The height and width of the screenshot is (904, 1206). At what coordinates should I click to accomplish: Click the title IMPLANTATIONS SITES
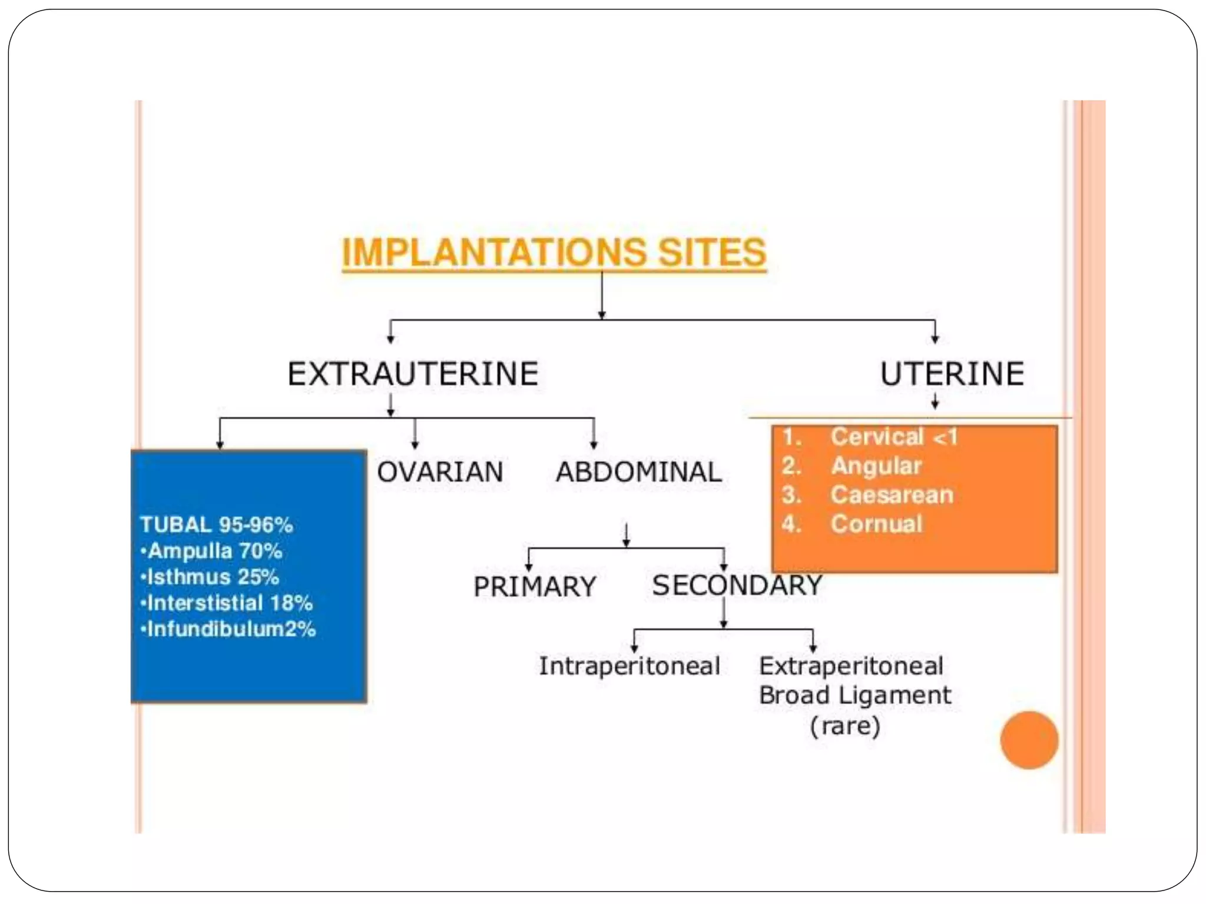(x=554, y=253)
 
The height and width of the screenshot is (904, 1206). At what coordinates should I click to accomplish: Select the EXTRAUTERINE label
(x=413, y=374)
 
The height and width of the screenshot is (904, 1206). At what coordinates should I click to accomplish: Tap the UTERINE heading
(x=952, y=374)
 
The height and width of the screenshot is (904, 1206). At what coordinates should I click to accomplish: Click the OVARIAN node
(x=440, y=472)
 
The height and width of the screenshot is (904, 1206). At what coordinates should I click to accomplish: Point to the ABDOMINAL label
(x=638, y=472)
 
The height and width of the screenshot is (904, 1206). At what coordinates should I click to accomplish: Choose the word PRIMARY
(x=535, y=587)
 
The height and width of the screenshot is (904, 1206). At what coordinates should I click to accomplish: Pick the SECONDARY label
(x=737, y=585)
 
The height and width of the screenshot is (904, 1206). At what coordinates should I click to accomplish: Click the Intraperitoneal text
(x=629, y=666)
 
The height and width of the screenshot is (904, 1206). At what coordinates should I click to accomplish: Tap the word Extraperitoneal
(x=851, y=666)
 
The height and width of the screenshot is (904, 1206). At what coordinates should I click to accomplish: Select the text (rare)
(x=845, y=726)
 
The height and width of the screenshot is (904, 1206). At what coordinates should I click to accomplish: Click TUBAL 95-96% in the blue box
(x=216, y=525)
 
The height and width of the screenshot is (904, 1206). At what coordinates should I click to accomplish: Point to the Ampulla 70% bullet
(x=212, y=551)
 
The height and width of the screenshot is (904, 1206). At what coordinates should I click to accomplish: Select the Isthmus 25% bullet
(x=210, y=577)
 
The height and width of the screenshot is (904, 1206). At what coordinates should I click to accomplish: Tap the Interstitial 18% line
(x=227, y=603)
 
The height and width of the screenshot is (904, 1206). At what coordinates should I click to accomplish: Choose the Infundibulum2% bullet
(x=228, y=629)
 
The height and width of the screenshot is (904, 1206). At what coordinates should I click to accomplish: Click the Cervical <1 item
(x=893, y=437)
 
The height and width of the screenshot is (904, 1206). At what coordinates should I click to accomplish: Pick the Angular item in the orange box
(x=876, y=466)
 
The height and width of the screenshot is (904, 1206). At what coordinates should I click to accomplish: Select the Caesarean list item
(x=892, y=495)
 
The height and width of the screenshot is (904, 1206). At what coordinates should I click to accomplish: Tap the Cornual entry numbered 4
(x=876, y=524)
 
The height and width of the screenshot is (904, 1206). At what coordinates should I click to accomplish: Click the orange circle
(x=1029, y=740)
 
